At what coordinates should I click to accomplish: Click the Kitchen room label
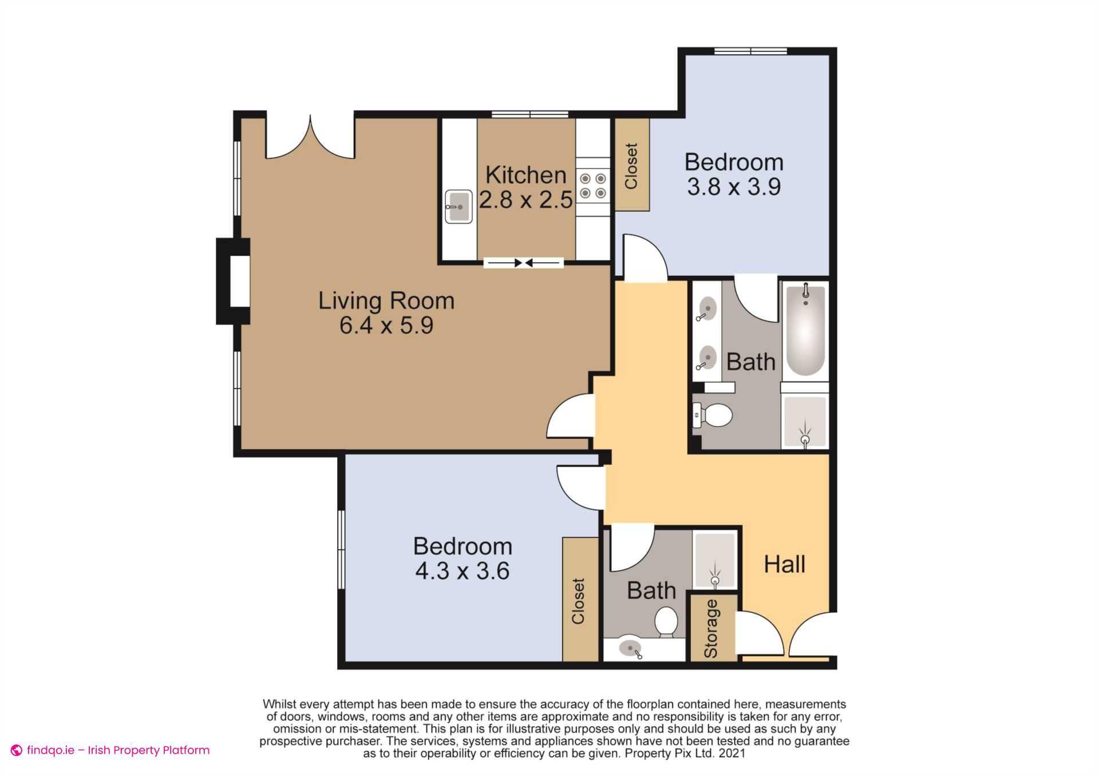click(x=525, y=175)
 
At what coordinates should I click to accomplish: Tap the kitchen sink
click(x=458, y=207)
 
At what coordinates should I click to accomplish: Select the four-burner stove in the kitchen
click(x=592, y=186)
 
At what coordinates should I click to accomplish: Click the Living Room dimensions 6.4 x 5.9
click(x=386, y=326)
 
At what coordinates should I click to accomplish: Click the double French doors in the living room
click(x=310, y=137)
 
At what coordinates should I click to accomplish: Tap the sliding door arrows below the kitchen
click(x=523, y=263)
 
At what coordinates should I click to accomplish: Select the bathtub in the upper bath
click(x=805, y=330)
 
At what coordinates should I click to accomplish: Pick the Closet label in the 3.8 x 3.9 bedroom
click(x=631, y=166)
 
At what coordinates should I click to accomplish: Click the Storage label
click(x=711, y=628)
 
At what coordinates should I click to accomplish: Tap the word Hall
click(x=784, y=565)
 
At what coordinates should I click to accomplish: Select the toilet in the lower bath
click(x=666, y=622)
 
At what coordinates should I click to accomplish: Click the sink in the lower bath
click(x=630, y=649)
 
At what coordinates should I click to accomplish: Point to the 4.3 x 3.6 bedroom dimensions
click(x=462, y=571)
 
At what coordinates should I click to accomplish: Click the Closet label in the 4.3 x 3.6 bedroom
click(x=578, y=601)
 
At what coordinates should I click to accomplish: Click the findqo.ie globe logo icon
click(x=17, y=750)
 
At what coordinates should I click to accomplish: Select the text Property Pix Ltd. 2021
click(x=685, y=754)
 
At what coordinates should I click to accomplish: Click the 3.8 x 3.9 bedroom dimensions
click(x=734, y=187)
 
